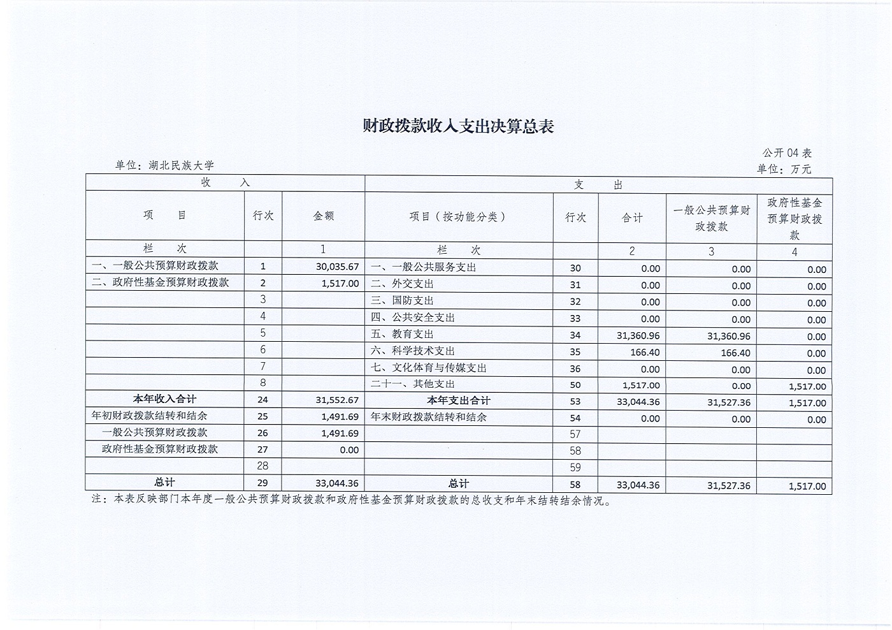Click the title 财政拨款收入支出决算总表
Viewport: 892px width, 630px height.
[458, 126]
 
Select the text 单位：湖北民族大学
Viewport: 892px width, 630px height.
[164, 165]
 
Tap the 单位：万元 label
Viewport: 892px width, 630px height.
[784, 169]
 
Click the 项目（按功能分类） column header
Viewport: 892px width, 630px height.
[458, 217]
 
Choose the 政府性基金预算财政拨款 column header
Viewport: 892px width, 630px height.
[794, 219]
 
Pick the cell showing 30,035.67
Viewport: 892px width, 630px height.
[337, 267]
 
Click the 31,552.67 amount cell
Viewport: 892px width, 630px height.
[337, 400]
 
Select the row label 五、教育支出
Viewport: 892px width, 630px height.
[402, 334]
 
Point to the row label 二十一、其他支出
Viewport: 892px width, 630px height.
[413, 384]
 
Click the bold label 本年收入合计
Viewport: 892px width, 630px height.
[164, 399]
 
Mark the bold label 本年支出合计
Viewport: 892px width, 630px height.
[458, 400]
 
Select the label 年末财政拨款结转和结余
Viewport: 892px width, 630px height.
[429, 417]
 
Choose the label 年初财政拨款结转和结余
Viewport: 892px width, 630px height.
[150, 416]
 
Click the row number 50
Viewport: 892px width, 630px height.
[575, 385]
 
